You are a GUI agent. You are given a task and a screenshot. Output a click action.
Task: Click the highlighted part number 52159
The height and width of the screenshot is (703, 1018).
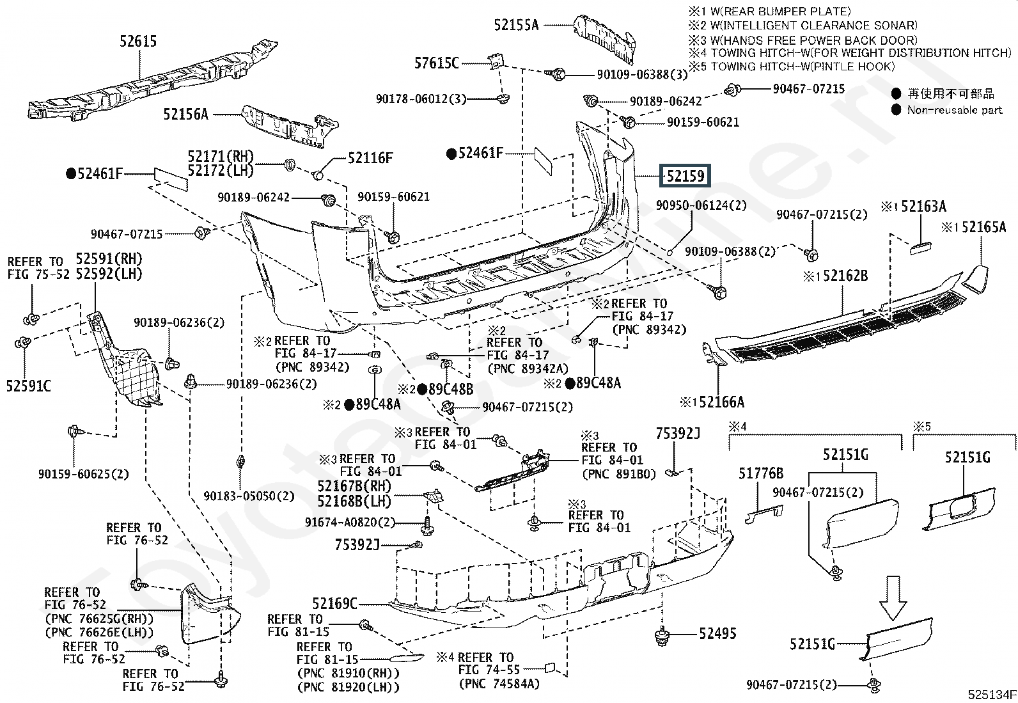pyautogui.click(x=685, y=176)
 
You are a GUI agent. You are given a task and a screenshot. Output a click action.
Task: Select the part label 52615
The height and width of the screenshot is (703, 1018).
pyautogui.click(x=138, y=42)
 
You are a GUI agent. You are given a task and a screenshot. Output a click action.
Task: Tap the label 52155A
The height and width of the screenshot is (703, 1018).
pyautogui.click(x=516, y=25)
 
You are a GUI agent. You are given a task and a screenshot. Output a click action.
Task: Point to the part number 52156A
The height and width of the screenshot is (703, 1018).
pyautogui.click(x=185, y=115)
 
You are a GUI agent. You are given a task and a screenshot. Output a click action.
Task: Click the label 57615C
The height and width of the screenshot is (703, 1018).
pyautogui.click(x=437, y=63)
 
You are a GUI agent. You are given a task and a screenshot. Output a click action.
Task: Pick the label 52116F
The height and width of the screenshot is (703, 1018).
pyautogui.click(x=370, y=158)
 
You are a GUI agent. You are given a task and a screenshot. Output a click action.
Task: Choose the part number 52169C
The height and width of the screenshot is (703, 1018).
pyautogui.click(x=334, y=603)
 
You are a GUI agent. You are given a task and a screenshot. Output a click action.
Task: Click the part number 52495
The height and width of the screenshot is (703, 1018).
pyautogui.click(x=717, y=633)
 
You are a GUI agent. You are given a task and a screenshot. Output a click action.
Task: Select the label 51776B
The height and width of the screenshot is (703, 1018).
pyautogui.click(x=761, y=473)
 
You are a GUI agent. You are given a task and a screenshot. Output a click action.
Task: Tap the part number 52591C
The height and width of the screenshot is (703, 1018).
pyautogui.click(x=29, y=386)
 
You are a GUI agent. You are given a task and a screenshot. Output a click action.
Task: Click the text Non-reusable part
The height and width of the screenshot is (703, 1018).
pyautogui.click(x=954, y=110)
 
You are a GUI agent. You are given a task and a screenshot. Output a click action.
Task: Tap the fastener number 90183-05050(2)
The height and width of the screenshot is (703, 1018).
pyautogui.click(x=249, y=496)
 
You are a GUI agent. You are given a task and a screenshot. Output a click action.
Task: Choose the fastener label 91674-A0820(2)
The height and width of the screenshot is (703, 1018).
pyautogui.click(x=350, y=523)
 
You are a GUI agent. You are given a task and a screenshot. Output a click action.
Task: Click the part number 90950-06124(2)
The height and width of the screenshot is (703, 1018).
pyautogui.click(x=701, y=205)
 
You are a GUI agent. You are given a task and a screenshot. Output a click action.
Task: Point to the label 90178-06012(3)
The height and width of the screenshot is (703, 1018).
pyautogui.click(x=421, y=99)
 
